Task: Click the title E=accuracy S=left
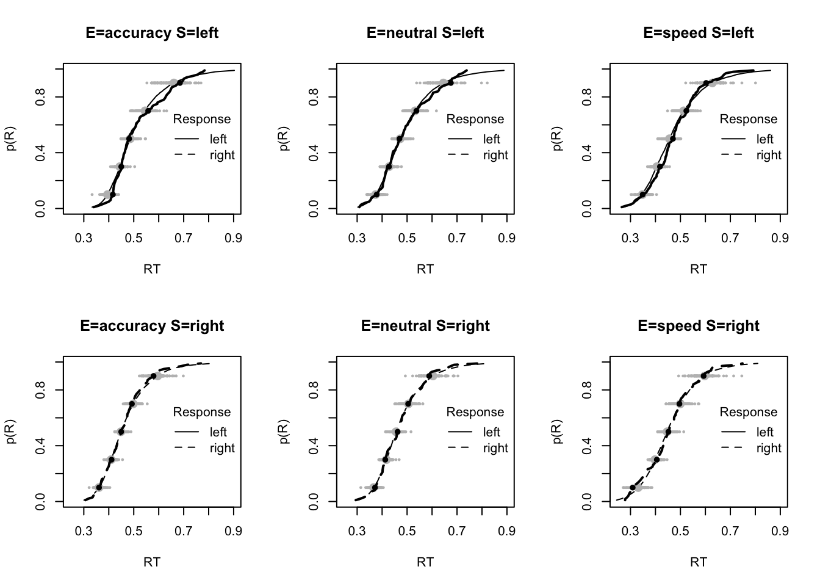pos(152,33)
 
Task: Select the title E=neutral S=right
pos(425,326)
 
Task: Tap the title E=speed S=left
pos(699,33)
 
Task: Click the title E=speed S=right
pos(699,326)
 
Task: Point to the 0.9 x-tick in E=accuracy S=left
pos(234,237)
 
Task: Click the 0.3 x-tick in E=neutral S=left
pos(358,237)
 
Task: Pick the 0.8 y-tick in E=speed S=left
pos(588,96)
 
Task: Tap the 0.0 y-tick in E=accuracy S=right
pos(41,502)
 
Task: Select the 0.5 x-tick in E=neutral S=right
pos(407,530)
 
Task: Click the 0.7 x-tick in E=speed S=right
pos(730,530)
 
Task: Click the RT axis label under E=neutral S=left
pos(425,269)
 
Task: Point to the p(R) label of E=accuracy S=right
pos(12,432)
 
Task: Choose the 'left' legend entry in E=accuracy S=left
pos(218,139)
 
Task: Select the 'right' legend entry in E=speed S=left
pos(768,155)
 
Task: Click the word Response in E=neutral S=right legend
pos(475,412)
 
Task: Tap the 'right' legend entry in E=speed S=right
pos(768,448)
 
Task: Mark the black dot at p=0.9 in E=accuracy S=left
pos(180,82)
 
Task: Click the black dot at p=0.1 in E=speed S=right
pos(633,487)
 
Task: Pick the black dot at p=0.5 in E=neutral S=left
pos(400,139)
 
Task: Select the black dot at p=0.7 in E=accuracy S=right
pos(132,404)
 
